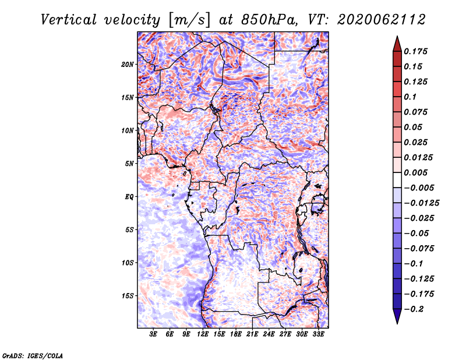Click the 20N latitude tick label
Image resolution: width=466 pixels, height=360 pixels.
[127, 65]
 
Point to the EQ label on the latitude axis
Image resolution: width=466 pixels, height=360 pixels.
[129, 197]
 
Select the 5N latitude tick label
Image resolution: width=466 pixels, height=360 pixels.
[129, 164]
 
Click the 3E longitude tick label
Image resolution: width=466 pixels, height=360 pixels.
[153, 334]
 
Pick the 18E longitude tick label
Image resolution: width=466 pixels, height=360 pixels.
[236, 334]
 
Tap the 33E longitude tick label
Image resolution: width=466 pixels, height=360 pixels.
[318, 334]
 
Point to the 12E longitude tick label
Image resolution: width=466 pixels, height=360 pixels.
[203, 334]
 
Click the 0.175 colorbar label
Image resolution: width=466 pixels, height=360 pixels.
[415, 51]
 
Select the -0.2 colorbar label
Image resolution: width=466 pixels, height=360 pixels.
[414, 309]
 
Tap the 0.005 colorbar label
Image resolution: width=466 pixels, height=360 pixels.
[415, 172]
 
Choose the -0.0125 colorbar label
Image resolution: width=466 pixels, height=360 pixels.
[421, 203]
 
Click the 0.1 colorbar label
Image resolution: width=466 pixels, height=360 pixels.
[410, 97]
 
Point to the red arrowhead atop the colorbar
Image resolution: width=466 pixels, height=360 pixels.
[397, 44]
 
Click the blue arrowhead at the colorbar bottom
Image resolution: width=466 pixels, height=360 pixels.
[397, 316]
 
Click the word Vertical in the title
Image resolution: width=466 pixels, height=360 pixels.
[68, 20]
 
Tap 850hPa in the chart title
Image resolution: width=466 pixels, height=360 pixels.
[269, 20]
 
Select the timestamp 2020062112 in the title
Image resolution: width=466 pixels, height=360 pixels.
[382, 20]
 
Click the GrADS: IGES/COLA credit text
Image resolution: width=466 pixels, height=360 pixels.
[33, 355]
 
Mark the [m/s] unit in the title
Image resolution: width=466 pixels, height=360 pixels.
[189, 20]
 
